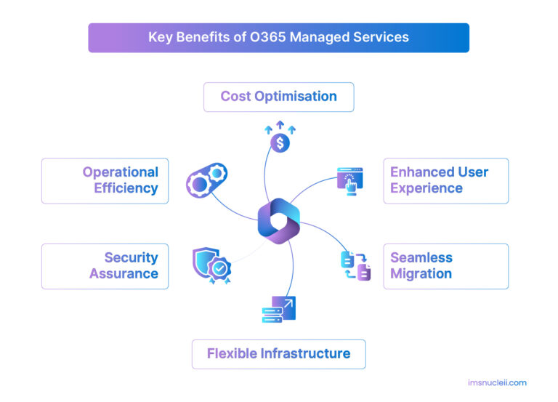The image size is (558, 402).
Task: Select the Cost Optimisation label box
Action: (x=278, y=97)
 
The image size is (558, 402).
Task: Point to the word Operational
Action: (x=120, y=172)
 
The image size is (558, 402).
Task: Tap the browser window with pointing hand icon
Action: (x=349, y=179)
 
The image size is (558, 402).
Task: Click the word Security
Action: (x=131, y=258)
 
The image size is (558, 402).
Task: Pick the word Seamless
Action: (x=421, y=258)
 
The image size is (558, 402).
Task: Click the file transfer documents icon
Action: (x=355, y=265)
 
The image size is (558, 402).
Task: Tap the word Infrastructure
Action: (x=306, y=354)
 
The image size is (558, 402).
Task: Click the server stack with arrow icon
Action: (x=278, y=309)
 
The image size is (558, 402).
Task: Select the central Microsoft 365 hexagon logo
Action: (x=278, y=220)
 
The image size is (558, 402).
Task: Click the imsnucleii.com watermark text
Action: (x=497, y=382)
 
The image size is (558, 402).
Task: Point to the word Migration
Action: (x=421, y=274)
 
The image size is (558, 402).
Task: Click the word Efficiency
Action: (x=126, y=188)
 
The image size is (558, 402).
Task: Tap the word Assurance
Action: (x=124, y=274)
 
